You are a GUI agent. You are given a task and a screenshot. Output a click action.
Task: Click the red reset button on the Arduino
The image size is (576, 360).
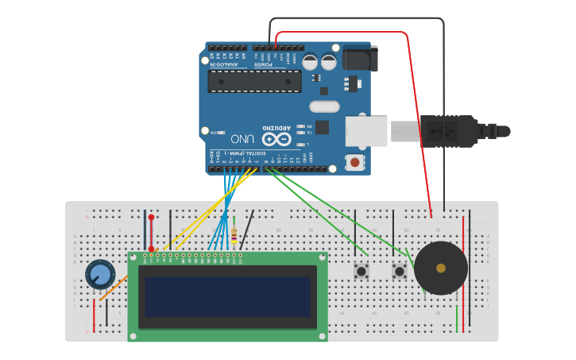pyautogui.click(x=354, y=162)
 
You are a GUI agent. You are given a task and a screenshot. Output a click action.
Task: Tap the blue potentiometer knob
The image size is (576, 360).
pyautogui.click(x=99, y=274)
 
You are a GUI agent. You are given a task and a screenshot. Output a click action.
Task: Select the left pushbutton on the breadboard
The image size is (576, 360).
pyautogui.click(x=361, y=272)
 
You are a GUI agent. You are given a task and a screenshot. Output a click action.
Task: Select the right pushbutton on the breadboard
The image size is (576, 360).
pyautogui.click(x=400, y=272)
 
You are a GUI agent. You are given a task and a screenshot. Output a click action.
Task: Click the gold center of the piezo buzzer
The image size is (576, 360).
pyautogui.click(x=441, y=268)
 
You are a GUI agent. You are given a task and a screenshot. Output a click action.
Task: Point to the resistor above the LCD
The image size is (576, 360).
pyautogui.click(x=234, y=234)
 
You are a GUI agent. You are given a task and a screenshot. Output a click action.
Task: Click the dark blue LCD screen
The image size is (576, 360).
pyautogui.click(x=227, y=296)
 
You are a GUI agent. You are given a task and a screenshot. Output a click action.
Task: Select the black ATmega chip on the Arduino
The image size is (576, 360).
pyautogui.click(x=254, y=81)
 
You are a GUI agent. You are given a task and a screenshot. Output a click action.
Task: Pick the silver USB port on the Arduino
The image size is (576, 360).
pyautogui.click(x=366, y=131)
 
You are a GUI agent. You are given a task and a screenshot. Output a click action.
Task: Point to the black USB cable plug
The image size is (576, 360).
pyautogui.click(x=449, y=131)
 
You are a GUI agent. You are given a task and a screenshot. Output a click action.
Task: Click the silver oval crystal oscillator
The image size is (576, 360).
pyautogui.click(x=324, y=106)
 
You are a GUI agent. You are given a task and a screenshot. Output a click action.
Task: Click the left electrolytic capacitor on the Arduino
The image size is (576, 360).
pyautogui.click(x=310, y=62)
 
